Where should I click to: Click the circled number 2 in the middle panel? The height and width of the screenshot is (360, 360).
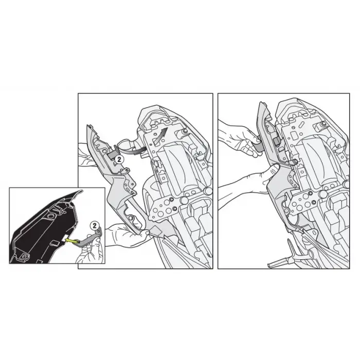[118, 160]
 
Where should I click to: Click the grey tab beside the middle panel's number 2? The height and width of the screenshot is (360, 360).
[112, 153]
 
